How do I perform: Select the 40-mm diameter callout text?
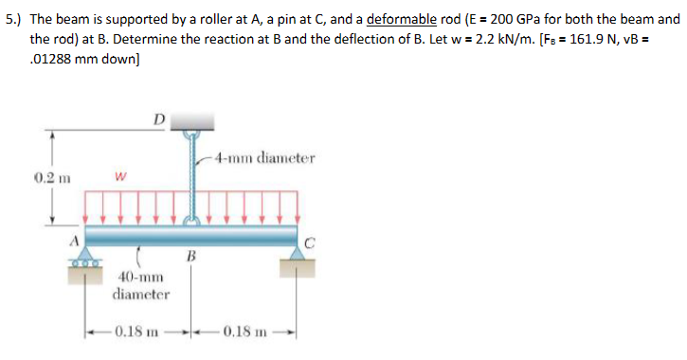click(x=141, y=285)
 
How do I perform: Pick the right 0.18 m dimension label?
click(x=248, y=333)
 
